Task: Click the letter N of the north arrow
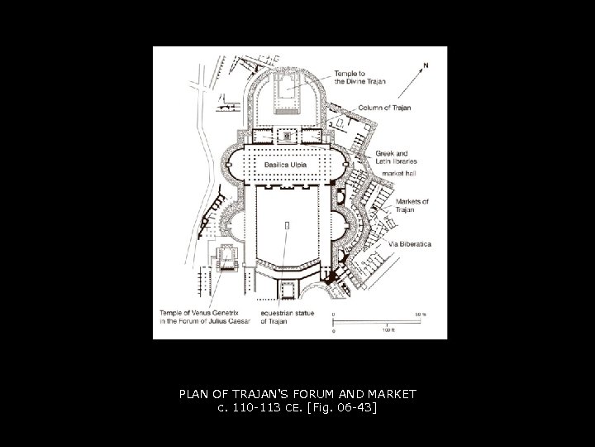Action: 425,64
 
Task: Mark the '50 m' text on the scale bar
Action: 421,314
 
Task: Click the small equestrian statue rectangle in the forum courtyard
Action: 288,224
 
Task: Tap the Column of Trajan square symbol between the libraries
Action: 287,135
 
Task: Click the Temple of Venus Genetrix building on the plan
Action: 226,257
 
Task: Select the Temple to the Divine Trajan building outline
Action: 286,91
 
